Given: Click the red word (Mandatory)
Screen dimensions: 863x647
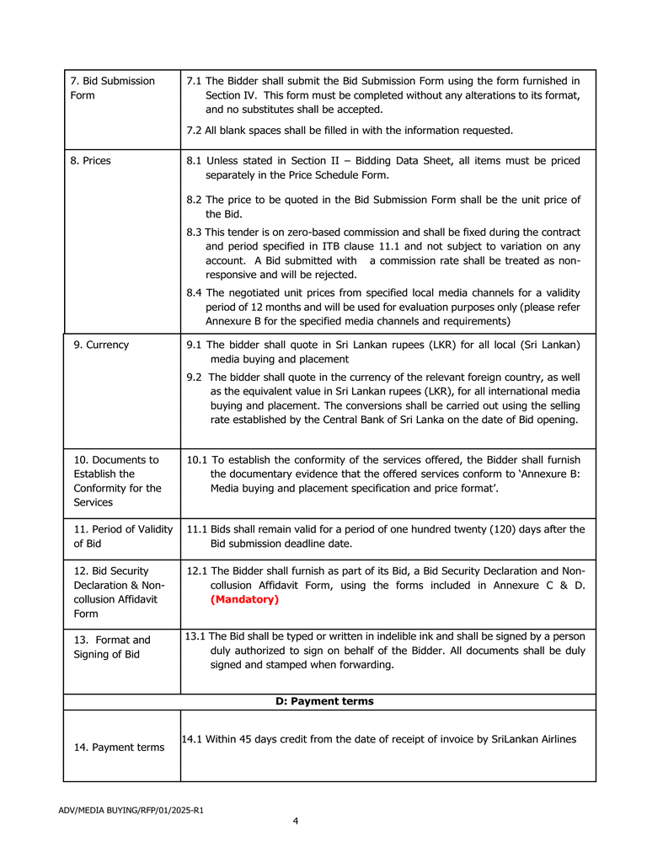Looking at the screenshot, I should (x=244, y=599).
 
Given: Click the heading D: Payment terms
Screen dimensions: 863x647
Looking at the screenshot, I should (x=324, y=701).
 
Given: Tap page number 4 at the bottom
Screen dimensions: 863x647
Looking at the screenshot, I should (x=296, y=821).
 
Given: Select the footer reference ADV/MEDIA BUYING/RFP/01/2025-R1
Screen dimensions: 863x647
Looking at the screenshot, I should (x=131, y=811).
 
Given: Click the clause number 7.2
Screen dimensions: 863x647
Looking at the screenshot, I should (x=194, y=131).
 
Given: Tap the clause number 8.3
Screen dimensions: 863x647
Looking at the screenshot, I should (x=194, y=232).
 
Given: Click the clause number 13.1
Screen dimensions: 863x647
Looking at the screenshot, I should (x=195, y=636).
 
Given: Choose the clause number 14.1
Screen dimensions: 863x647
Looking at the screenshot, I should (x=193, y=739).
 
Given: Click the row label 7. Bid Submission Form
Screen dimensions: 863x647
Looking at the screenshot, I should (x=112, y=88).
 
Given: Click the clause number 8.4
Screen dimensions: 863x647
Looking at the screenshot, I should (x=194, y=292).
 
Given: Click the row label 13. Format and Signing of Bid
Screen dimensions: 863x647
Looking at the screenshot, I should (x=111, y=646).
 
